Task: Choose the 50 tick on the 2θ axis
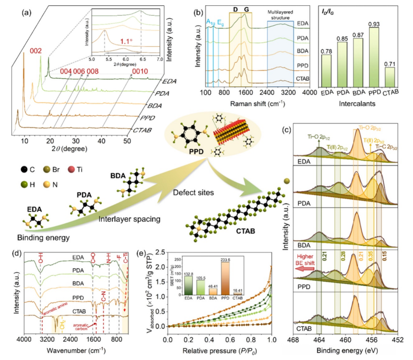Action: [127, 141]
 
